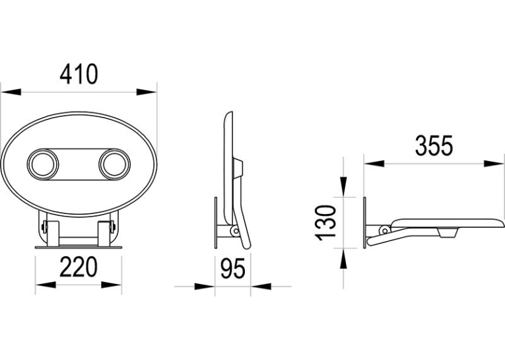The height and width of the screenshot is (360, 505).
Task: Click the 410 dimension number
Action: tap(79, 74)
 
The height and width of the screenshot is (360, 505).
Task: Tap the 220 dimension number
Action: tap(79, 267)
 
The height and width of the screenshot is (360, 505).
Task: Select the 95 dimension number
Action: tap(233, 268)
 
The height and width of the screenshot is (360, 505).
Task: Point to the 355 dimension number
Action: tap(434, 146)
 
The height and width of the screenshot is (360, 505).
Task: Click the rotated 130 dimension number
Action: tap(325, 223)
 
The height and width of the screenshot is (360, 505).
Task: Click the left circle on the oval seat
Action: tap(43, 164)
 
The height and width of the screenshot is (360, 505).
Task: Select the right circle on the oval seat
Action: tap(115, 164)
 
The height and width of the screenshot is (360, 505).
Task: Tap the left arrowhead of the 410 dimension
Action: tap(11, 92)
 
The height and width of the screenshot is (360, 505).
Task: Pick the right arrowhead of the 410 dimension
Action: tap(147, 92)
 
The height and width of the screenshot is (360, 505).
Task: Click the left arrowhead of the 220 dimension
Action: tap(46, 285)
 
